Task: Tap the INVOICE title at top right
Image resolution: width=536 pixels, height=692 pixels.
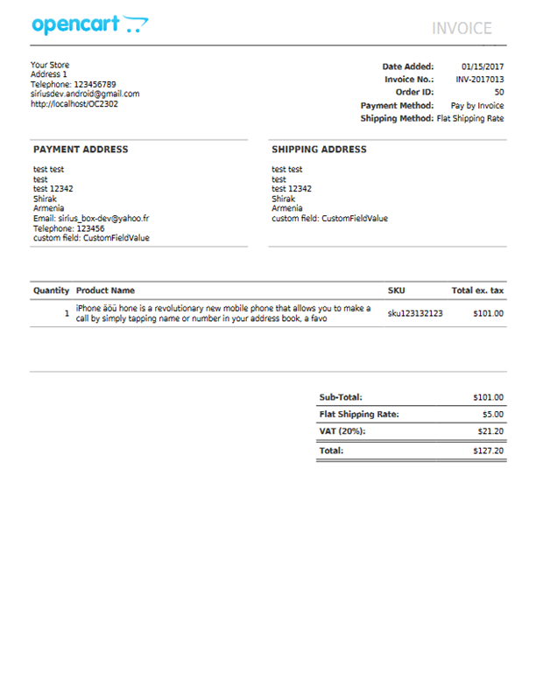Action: click(462, 29)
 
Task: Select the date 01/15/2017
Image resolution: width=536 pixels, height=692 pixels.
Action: click(483, 66)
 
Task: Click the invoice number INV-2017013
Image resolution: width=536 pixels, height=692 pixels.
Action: click(480, 80)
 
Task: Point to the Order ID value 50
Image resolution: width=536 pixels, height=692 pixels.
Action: click(499, 92)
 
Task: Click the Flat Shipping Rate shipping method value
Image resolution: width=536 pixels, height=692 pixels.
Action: click(470, 118)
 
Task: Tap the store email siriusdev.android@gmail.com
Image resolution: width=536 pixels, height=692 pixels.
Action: click(85, 94)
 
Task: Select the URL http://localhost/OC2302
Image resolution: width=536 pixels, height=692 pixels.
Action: click(74, 103)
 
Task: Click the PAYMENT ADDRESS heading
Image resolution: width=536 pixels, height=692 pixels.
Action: click(81, 150)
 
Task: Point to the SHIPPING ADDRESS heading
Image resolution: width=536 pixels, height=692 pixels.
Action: click(319, 150)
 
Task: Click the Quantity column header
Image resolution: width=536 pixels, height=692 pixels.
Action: click(51, 290)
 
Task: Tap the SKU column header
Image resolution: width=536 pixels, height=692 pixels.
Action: click(396, 290)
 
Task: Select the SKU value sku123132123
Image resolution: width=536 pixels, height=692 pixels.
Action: click(415, 313)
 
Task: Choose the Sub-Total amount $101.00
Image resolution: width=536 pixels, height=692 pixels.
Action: click(488, 397)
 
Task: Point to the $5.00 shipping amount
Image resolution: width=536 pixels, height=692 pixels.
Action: click(492, 415)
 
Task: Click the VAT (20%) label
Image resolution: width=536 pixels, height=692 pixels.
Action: click(342, 431)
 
